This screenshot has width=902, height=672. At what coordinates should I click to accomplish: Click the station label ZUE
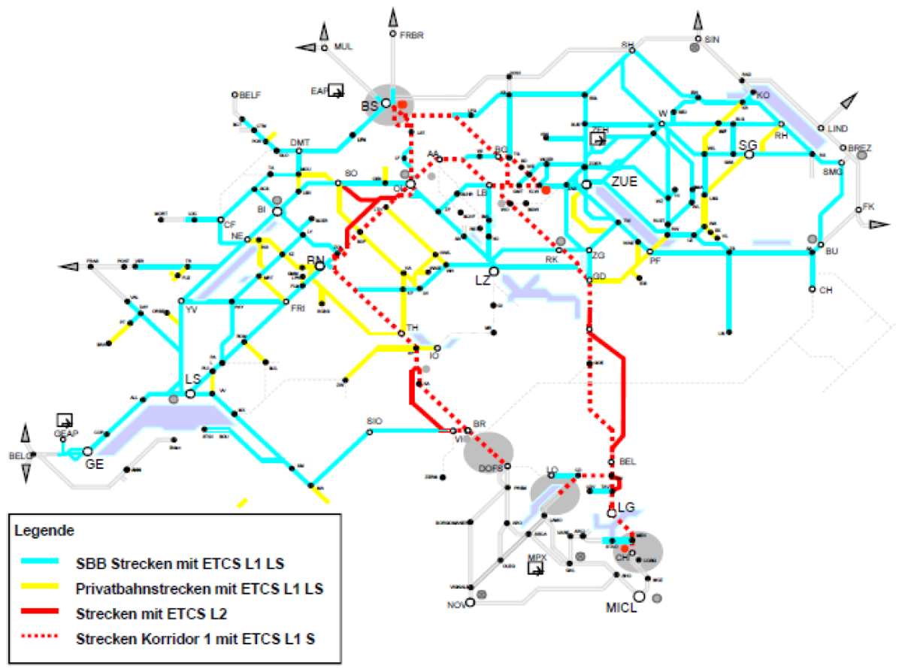click(624, 181)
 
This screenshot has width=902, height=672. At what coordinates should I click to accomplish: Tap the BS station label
click(369, 107)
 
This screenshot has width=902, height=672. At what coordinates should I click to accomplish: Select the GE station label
click(94, 464)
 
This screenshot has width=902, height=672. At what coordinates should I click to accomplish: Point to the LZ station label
click(483, 280)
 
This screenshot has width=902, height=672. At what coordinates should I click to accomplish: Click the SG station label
click(747, 144)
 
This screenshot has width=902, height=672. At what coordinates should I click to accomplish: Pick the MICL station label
click(622, 607)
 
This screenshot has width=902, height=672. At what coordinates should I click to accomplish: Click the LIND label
click(837, 129)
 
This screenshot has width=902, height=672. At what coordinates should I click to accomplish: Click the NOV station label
click(456, 604)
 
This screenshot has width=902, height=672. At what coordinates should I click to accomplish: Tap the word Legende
click(44, 531)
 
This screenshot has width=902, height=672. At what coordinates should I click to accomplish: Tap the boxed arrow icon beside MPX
click(536, 568)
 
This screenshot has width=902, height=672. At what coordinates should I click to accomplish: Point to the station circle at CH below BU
click(813, 289)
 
